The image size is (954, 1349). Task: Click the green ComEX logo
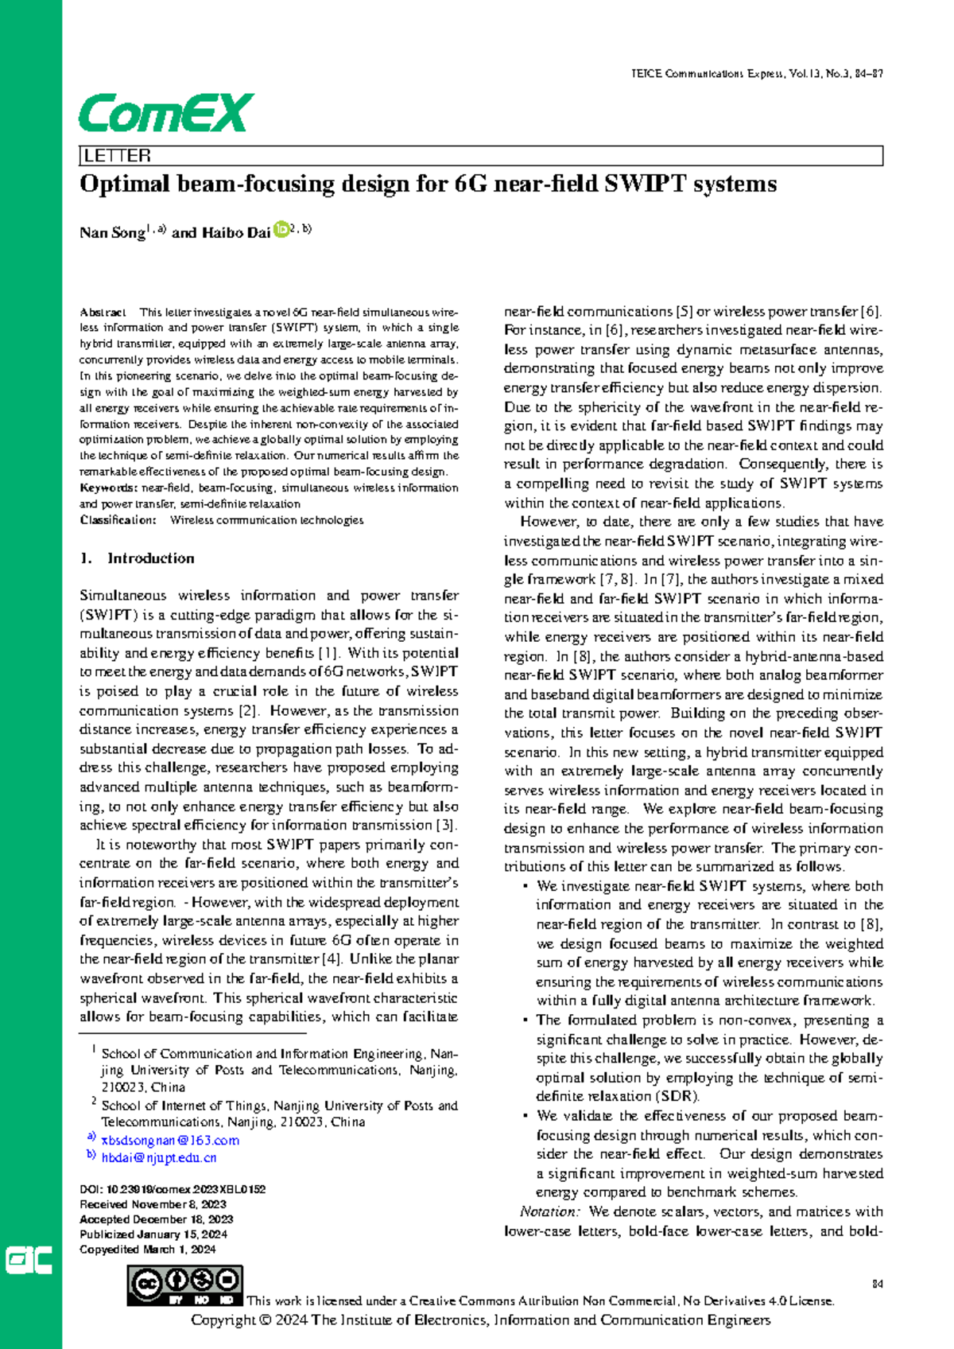tap(165, 113)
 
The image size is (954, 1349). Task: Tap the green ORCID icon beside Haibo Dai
tap(281, 231)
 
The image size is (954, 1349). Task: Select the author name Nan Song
tap(111, 233)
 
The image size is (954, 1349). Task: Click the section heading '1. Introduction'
tap(137, 558)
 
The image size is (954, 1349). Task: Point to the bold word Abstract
tap(102, 313)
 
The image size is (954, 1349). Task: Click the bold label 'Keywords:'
tap(108, 488)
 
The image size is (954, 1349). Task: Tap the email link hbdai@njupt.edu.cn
tap(159, 1157)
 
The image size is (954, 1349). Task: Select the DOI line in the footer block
tap(173, 1189)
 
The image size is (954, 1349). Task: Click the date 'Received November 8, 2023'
tap(153, 1204)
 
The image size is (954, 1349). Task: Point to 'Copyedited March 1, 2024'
tap(148, 1250)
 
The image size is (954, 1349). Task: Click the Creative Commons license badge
tap(184, 1285)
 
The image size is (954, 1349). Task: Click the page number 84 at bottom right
tap(878, 1284)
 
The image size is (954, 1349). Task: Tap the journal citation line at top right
tap(757, 74)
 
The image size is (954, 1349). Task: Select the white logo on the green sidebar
tap(29, 1260)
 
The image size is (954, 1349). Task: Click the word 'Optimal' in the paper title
tap(125, 185)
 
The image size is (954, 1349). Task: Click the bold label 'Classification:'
tap(118, 520)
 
